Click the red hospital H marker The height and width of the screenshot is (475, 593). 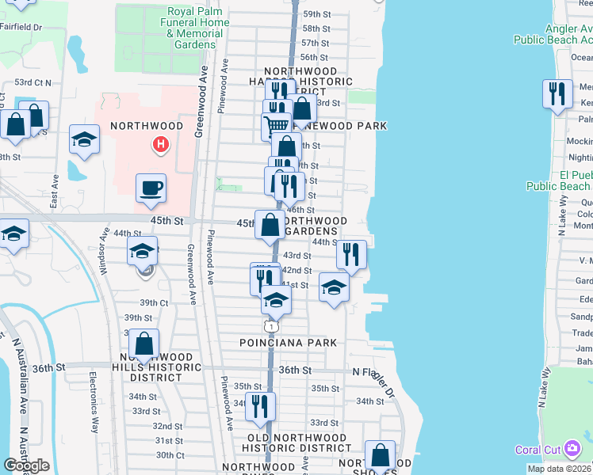click(x=161, y=144)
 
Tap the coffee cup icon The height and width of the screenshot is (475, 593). click(x=151, y=188)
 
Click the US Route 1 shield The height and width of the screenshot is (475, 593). click(x=272, y=326)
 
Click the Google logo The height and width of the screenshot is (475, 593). click(x=26, y=465)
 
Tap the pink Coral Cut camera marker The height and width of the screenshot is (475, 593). click(x=572, y=450)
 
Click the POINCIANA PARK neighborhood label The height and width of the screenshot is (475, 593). click(x=289, y=343)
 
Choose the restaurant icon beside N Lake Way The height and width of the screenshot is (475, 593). click(x=558, y=93)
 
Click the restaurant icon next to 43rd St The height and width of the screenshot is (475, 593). click(x=350, y=254)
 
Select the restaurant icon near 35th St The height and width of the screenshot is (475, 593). click(x=260, y=405)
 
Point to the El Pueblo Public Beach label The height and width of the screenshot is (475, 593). click(x=560, y=180)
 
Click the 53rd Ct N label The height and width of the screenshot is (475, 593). click(x=33, y=82)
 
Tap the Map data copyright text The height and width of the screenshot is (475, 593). click(x=558, y=469)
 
